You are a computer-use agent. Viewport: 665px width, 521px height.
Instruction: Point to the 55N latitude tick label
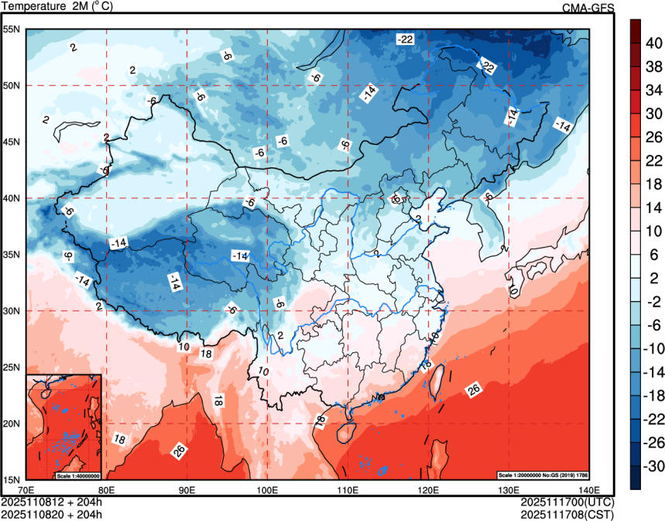pyautogui.click(x=12, y=29)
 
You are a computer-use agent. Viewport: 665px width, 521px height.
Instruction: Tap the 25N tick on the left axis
pyautogui.click(x=12, y=367)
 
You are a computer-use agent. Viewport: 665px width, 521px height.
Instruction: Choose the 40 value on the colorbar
pyautogui.click(x=654, y=45)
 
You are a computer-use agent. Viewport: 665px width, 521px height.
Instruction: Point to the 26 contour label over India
pyautogui.click(x=179, y=451)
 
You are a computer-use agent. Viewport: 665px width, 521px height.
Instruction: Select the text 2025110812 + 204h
pyautogui.click(x=51, y=502)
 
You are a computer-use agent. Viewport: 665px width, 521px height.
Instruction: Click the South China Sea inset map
pyautogui.click(x=63, y=426)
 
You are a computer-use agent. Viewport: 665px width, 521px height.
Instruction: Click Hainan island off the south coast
pyautogui.click(x=348, y=427)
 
